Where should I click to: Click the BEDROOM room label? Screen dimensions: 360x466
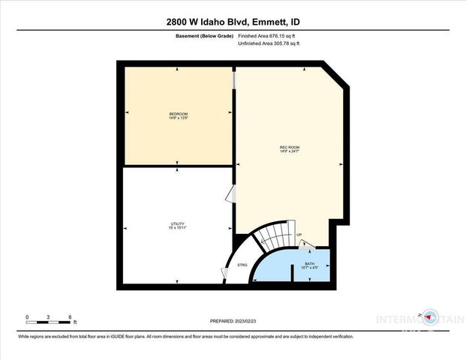(x=178, y=113)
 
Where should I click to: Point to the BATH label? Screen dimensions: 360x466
(x=309, y=263)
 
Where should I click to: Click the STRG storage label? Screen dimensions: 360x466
(x=242, y=265)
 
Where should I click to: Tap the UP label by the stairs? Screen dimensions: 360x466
(x=299, y=235)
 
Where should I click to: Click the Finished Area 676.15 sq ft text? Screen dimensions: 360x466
(x=268, y=36)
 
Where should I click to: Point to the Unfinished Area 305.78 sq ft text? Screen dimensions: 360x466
(x=268, y=44)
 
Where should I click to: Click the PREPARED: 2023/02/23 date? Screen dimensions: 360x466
(x=233, y=319)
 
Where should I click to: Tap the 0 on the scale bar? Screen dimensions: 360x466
(x=27, y=316)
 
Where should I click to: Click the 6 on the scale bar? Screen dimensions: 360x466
(x=69, y=316)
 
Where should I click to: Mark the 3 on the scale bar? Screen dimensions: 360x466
(x=48, y=316)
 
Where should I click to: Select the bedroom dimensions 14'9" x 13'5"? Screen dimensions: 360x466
(x=178, y=118)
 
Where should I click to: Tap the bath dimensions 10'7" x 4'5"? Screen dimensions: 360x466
(x=309, y=268)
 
